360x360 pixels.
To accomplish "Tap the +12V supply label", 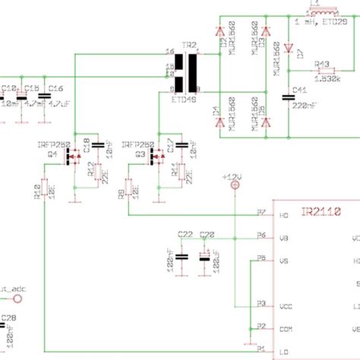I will (x=234, y=176).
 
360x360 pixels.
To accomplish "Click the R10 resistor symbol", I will (x=45, y=188).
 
